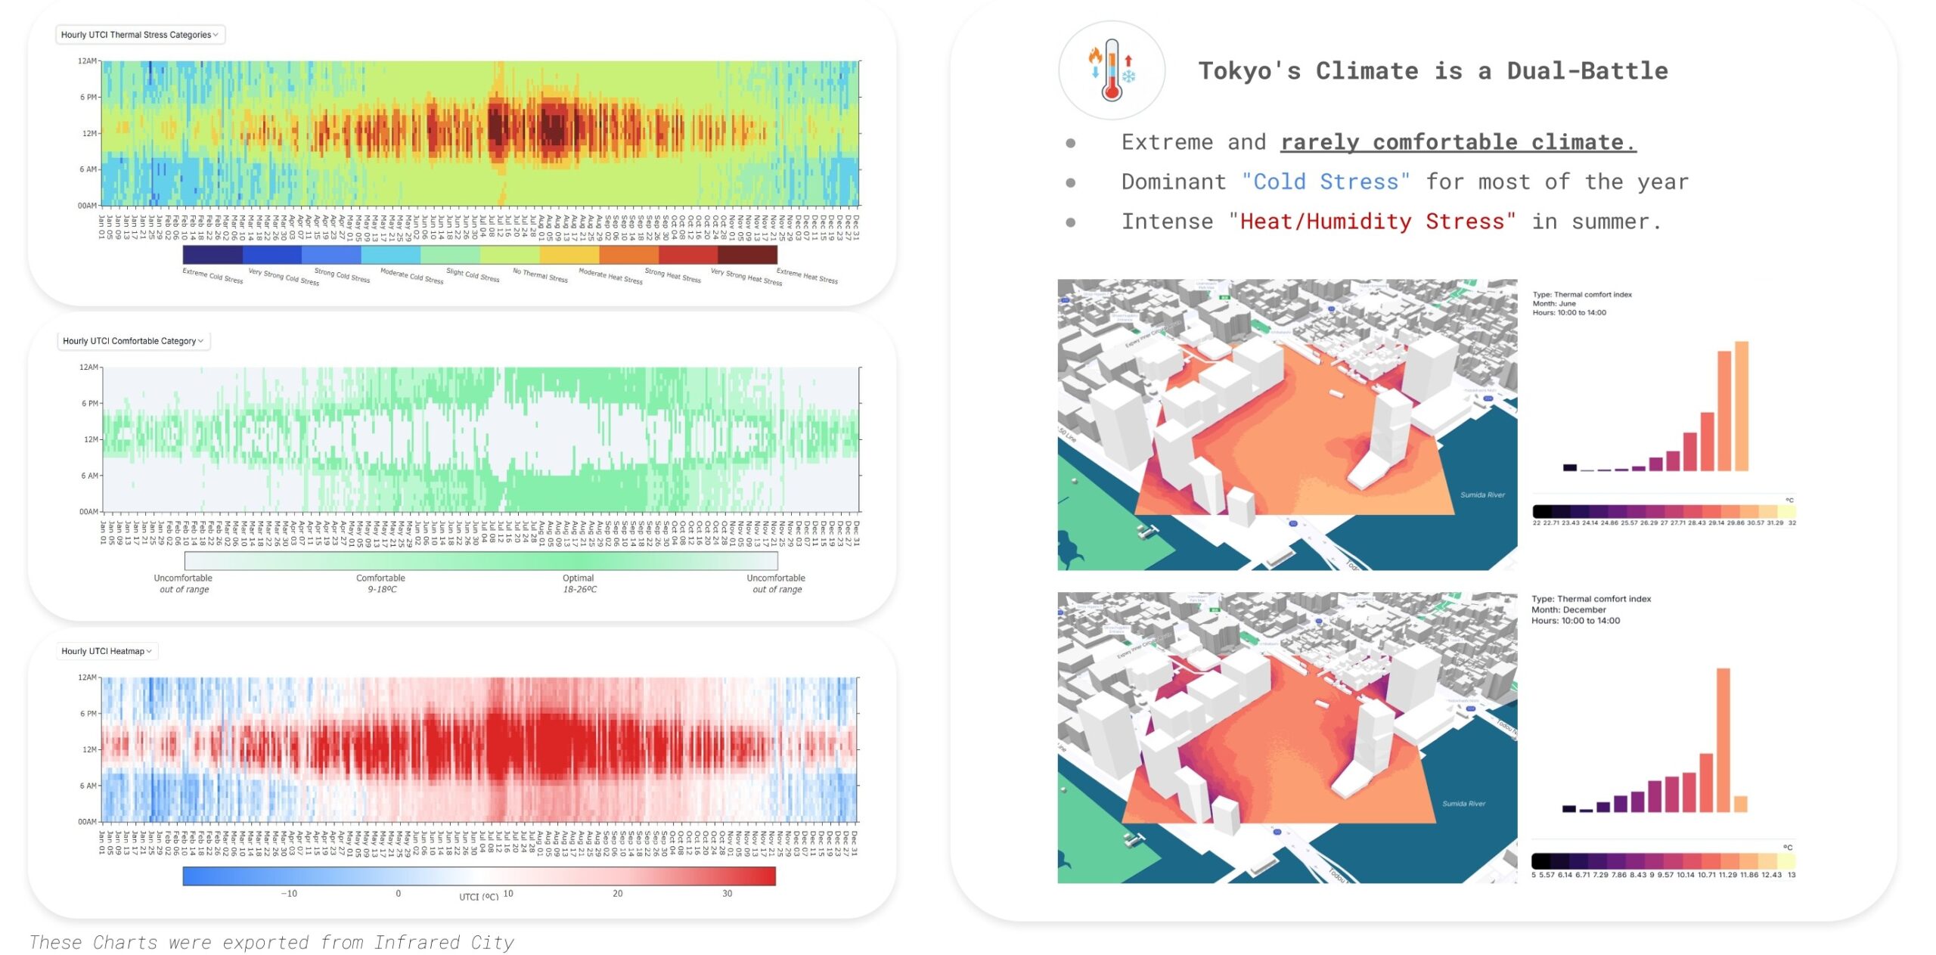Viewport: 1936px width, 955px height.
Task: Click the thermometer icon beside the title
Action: pos(1111,70)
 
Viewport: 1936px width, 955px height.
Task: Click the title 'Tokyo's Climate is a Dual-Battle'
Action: pos(1432,71)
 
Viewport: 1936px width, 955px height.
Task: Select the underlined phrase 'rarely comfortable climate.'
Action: pos(1457,142)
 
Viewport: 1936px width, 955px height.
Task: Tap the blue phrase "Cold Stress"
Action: pos(1326,182)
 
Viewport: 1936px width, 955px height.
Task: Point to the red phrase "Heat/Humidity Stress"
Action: pos(1372,222)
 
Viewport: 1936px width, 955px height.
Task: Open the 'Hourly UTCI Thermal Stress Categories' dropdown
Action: pos(140,35)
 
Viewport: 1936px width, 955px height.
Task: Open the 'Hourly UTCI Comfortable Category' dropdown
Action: pos(133,341)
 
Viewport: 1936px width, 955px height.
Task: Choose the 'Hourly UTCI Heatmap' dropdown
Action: pos(107,651)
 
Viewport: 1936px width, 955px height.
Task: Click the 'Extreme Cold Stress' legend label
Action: pos(213,276)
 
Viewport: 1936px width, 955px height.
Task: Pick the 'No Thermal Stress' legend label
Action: pos(540,275)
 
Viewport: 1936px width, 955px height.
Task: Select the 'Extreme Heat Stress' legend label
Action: pos(807,276)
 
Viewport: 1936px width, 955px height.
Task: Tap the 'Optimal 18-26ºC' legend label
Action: pos(579,584)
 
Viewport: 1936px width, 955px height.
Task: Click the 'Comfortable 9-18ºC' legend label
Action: pos(381,584)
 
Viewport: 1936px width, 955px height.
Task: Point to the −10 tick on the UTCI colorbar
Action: pos(289,894)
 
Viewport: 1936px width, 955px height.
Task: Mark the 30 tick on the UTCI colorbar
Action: pos(727,894)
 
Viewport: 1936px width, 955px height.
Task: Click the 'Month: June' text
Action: pos(1554,304)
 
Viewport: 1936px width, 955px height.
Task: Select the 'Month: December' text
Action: pos(1568,610)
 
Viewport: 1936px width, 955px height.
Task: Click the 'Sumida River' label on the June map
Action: pos(1482,495)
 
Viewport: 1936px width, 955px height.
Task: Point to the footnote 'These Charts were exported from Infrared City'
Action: pos(271,943)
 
